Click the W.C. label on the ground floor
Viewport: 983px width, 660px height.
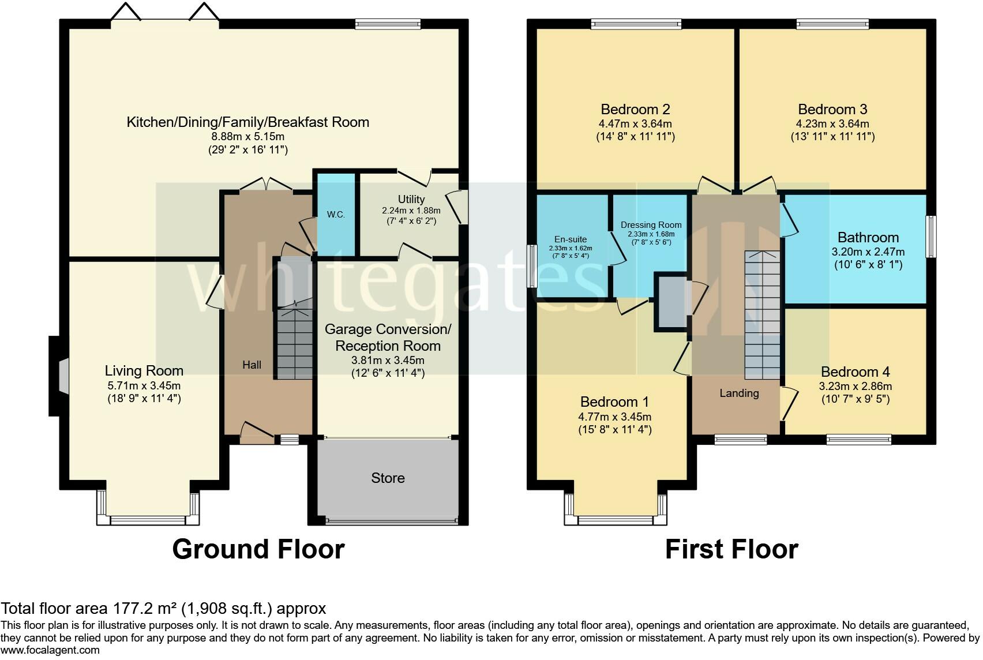click(x=336, y=215)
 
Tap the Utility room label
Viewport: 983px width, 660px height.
click(x=411, y=199)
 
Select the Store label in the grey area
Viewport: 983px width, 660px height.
click(x=388, y=478)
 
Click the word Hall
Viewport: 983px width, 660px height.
click(x=252, y=365)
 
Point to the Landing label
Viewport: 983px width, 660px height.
click(x=739, y=393)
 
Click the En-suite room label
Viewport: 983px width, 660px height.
click(x=571, y=239)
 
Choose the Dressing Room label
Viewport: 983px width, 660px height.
click(x=651, y=225)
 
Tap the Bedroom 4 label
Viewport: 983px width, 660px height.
click(x=856, y=372)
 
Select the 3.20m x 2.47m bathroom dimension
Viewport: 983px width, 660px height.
click(x=868, y=252)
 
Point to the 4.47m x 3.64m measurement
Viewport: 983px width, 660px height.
click(x=635, y=123)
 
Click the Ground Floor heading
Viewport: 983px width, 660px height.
click(x=258, y=549)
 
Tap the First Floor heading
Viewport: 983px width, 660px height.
click(x=731, y=549)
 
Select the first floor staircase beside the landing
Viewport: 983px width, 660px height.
click(x=762, y=315)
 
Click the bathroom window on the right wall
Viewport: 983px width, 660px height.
click(x=931, y=236)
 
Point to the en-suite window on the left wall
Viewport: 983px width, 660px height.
click(x=532, y=266)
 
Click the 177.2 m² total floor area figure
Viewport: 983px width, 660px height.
click(x=145, y=609)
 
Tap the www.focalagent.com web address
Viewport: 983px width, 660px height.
click(x=50, y=650)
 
